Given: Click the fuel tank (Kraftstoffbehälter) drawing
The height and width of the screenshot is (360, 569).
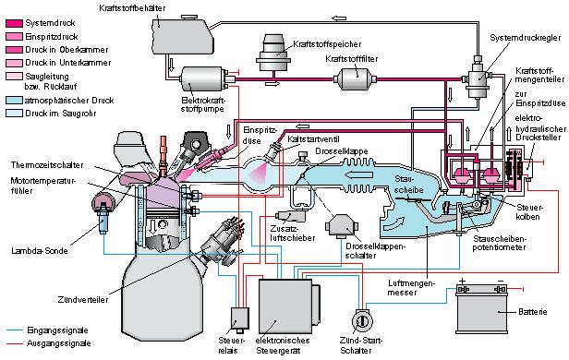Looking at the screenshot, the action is point(181,35).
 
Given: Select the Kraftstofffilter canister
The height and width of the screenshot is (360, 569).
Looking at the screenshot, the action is point(356,78).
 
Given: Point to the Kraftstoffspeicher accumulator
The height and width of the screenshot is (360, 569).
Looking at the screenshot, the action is point(272,53).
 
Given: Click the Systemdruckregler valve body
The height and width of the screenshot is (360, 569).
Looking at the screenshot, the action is point(478,78).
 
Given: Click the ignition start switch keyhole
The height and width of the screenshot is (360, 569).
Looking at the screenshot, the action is point(362,321).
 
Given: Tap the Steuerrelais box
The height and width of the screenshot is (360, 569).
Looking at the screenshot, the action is point(240,318).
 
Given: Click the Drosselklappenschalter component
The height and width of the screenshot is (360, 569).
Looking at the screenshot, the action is point(342,226).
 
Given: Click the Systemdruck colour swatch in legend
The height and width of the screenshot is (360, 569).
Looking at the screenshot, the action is point(14,23).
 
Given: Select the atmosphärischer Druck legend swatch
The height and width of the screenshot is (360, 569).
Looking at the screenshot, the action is point(14,100).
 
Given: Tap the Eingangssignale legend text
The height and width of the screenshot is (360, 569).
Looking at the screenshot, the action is point(57,330).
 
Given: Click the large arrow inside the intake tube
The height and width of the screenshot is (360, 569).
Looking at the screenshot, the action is point(358,175).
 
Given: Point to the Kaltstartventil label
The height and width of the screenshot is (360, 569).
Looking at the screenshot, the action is point(313,139).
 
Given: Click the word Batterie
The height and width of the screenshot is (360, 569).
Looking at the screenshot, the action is point(532,312).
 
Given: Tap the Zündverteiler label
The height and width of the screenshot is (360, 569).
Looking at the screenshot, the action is point(83,299).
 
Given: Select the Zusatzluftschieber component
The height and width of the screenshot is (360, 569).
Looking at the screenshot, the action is point(290,216).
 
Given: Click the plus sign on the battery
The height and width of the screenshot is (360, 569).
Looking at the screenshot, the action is point(462,282).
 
